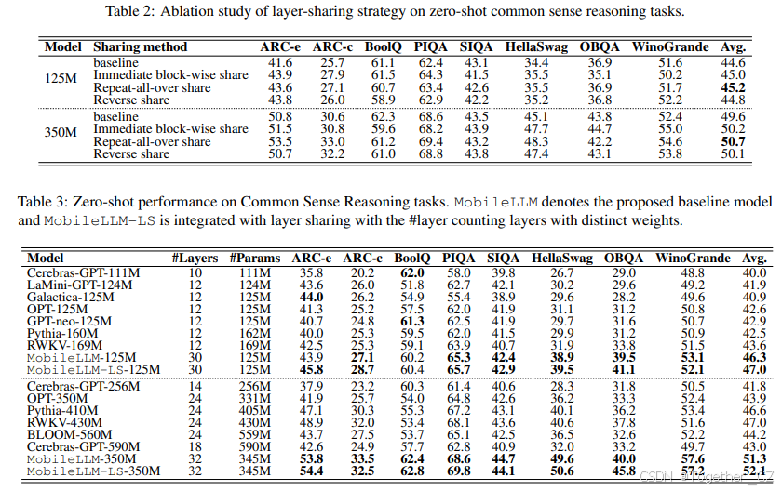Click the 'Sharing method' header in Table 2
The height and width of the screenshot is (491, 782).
click(x=140, y=46)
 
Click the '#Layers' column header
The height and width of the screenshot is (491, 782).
click(x=194, y=258)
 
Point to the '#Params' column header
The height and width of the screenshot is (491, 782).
click(x=253, y=258)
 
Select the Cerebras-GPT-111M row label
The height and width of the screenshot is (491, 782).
click(x=84, y=272)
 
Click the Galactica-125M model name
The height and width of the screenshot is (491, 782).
click(x=73, y=296)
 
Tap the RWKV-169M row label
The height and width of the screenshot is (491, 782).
click(x=61, y=345)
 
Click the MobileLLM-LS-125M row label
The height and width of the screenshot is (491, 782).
click(x=93, y=369)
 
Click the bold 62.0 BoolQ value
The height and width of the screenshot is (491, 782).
click(x=411, y=272)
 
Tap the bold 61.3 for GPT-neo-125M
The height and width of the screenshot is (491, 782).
click(x=411, y=321)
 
